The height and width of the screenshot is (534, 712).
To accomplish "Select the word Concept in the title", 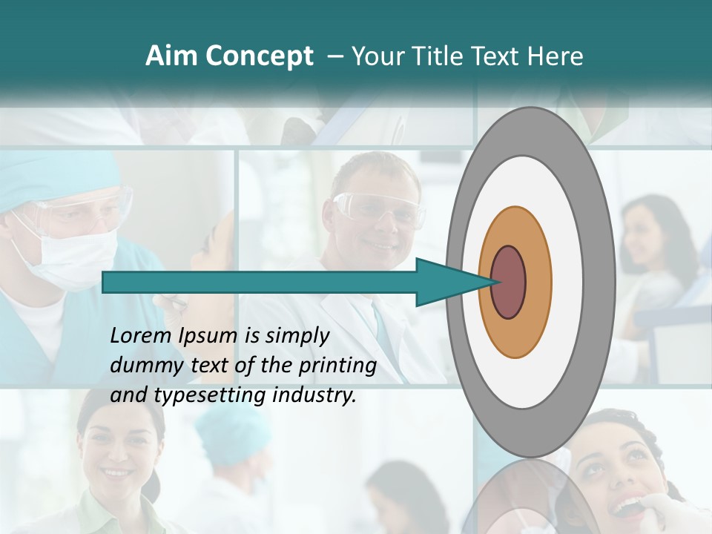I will (x=259, y=57).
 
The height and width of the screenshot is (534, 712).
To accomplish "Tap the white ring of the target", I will (x=571, y=282).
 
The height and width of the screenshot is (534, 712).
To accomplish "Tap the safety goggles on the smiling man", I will (x=378, y=208).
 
